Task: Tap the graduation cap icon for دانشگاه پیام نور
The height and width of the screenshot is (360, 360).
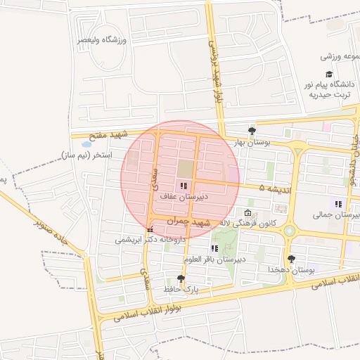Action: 328,74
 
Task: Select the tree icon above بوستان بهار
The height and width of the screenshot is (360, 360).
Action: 252,130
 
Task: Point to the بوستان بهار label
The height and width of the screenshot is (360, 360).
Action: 252,141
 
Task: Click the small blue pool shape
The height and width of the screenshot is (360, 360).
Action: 86,144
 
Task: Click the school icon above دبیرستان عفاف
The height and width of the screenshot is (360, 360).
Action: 184,186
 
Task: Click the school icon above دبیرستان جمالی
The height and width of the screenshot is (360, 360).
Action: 338,204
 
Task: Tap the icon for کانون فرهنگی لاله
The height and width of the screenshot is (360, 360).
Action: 247,213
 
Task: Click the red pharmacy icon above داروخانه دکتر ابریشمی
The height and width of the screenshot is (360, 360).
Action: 149,229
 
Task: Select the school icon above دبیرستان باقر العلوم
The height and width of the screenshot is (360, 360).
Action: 214,248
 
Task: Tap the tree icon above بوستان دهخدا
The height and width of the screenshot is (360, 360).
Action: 291,259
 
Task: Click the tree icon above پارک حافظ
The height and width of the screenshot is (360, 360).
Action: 181,278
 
